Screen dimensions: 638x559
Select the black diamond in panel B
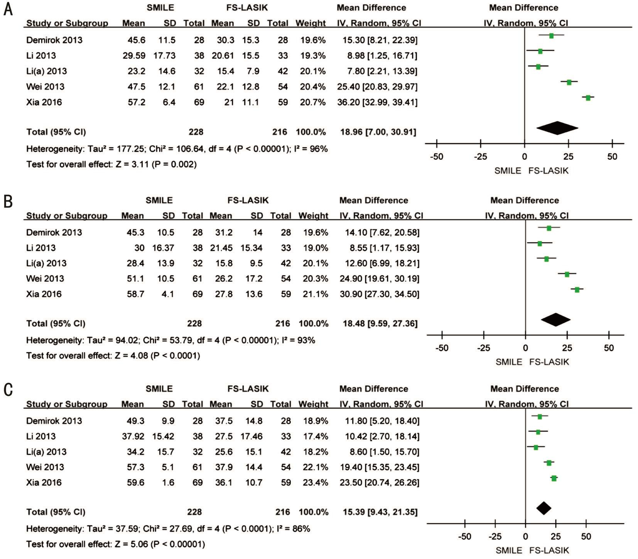coord(555,319)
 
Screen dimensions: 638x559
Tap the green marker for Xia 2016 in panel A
coord(588,98)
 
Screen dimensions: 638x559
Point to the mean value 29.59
coord(134,56)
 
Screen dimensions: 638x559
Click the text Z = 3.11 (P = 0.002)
coord(156,165)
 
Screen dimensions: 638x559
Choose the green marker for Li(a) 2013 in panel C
coord(536,448)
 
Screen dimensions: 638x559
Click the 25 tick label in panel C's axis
coord(555,537)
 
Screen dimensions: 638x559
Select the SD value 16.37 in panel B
coord(163,248)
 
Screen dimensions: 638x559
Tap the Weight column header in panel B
coord(313,216)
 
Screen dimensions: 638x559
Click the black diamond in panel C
coord(543,508)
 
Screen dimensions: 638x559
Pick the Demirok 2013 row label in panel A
coord(54,40)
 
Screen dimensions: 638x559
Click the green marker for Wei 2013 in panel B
coord(567,274)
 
